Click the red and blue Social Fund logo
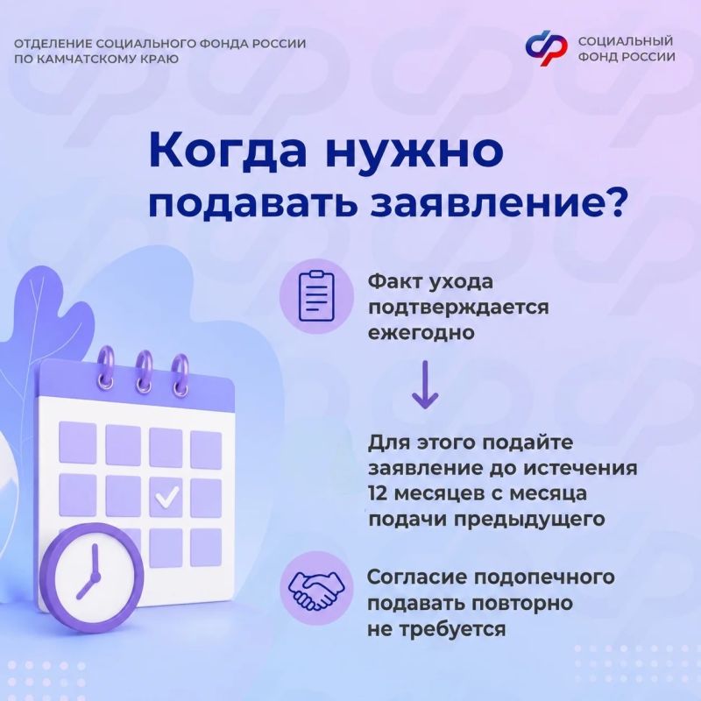point(546,48)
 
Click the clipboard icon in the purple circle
point(316,295)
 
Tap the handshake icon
point(316,589)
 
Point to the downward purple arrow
point(425,385)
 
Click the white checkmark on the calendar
point(166,496)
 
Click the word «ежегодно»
point(421,334)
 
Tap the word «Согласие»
point(417,577)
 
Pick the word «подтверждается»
point(457,308)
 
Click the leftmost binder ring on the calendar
point(106,369)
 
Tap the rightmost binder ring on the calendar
point(181,375)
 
